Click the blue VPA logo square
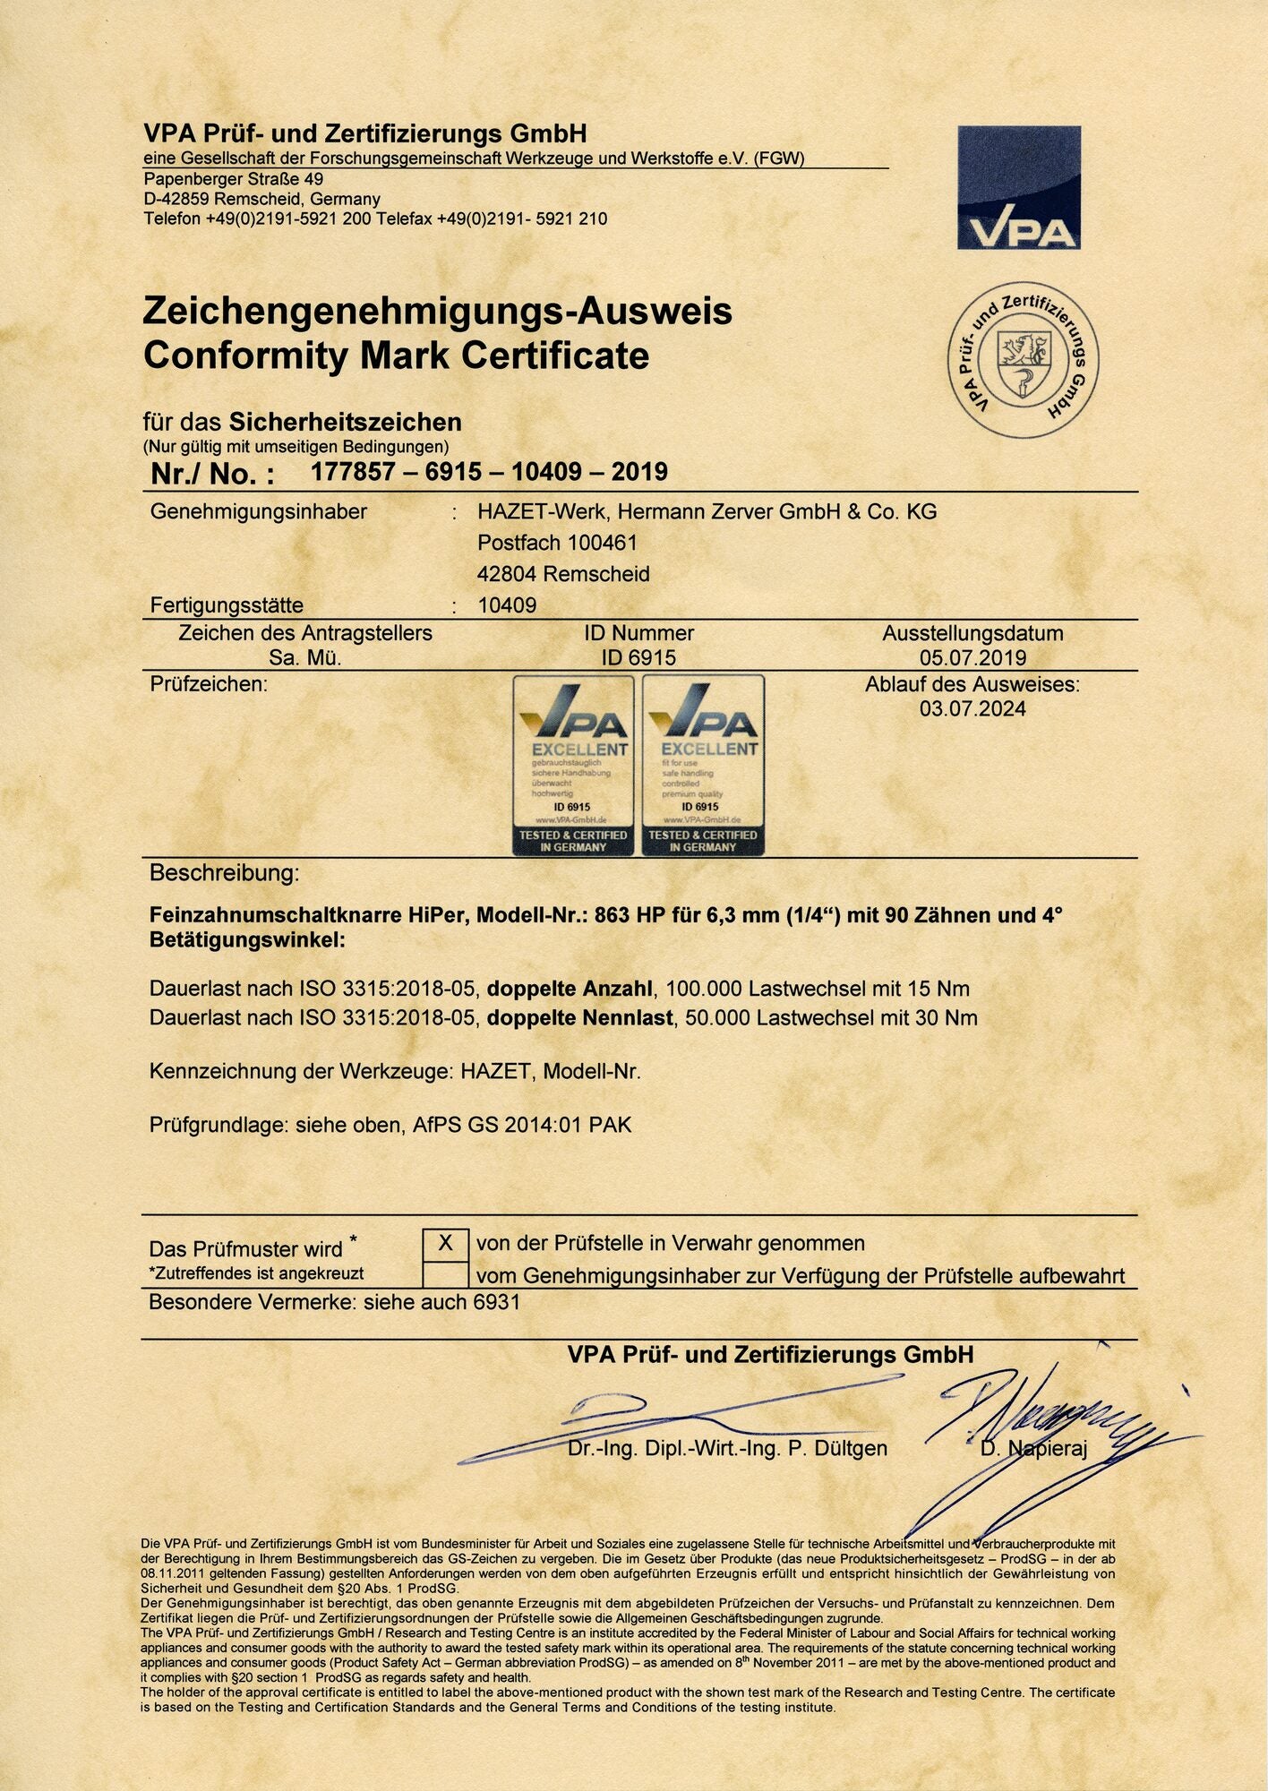tap(1018, 187)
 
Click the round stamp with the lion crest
tap(1023, 361)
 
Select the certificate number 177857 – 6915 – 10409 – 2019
tap(489, 472)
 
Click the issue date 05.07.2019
tap(972, 657)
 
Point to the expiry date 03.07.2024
tap(972, 709)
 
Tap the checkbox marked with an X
tap(445, 1243)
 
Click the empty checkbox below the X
tap(445, 1274)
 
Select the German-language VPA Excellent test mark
tap(573, 765)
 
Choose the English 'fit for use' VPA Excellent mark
tap(703, 765)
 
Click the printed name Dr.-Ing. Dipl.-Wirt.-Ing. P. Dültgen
tap(727, 1449)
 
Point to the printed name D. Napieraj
tap(1033, 1449)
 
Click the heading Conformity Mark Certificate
tap(396, 356)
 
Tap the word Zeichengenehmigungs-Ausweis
tap(437, 311)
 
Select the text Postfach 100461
tap(557, 543)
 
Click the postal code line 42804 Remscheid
tap(563, 574)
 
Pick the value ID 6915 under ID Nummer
tap(638, 657)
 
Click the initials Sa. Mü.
tap(304, 657)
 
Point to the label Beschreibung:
tap(224, 873)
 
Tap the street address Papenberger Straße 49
tap(234, 179)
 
